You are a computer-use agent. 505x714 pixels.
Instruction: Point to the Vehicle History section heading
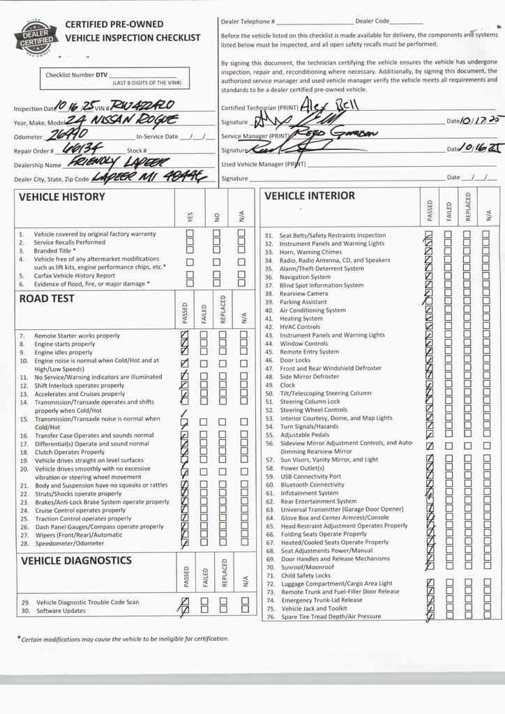61,197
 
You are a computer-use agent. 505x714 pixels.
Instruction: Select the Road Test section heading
47,298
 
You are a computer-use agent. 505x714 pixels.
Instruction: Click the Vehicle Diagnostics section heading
76,560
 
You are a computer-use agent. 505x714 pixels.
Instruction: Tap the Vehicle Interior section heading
309,196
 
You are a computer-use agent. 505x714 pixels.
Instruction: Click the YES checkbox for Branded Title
190,251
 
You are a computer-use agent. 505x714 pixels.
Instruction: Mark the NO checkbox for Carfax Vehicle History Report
216,275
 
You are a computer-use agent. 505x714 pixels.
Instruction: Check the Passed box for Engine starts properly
185,344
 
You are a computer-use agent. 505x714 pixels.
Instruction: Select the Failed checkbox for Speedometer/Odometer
204,542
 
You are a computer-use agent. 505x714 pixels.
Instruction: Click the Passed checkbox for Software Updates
185,610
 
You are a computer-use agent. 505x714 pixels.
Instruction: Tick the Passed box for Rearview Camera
429,294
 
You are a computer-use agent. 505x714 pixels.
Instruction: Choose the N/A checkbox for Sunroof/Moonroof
485,567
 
